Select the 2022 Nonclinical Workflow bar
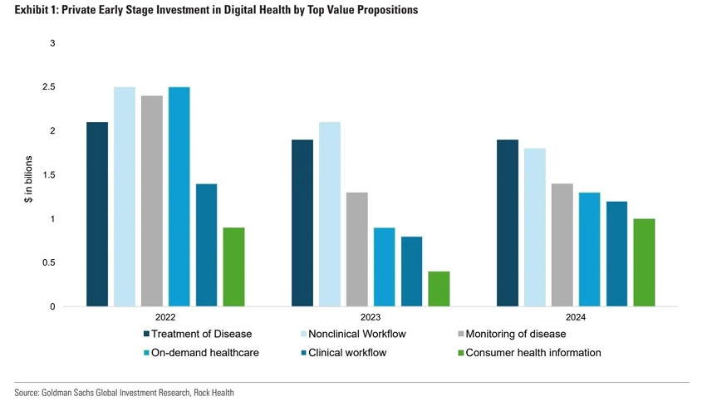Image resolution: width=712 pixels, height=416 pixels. [x=125, y=197]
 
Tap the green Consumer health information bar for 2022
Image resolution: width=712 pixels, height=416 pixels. [x=233, y=267]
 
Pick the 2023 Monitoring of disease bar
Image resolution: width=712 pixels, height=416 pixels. [x=356, y=249]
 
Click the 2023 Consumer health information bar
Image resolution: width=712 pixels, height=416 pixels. [x=439, y=289]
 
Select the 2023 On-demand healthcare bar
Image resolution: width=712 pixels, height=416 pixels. [x=384, y=267]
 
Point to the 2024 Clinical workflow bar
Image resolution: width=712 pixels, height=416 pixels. [x=616, y=254]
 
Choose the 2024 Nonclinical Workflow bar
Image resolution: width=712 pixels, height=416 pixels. [x=534, y=228]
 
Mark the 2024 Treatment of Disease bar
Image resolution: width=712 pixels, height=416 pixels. [x=507, y=223]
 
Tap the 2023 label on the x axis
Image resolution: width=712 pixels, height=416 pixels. [x=371, y=317]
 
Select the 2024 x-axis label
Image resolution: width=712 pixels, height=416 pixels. [x=576, y=317]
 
